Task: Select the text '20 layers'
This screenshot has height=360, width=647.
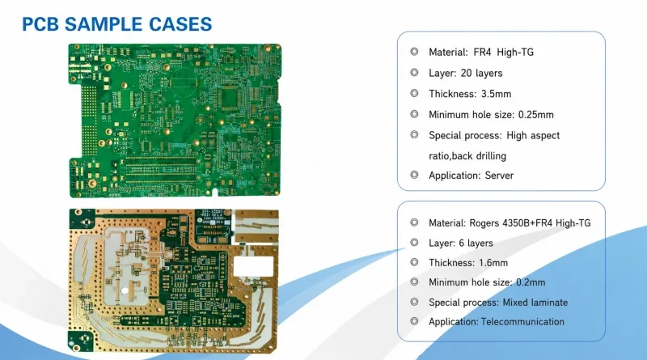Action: (481, 73)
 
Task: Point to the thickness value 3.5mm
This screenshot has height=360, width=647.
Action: (496, 94)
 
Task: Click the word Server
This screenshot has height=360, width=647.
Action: (499, 176)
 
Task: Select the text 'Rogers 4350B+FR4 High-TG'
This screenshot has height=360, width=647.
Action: (531, 223)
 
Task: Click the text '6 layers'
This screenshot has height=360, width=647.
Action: (476, 244)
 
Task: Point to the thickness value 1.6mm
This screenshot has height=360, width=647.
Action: (493, 263)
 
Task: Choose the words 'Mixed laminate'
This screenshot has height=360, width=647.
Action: (535, 303)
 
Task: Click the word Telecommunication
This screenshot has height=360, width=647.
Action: (522, 322)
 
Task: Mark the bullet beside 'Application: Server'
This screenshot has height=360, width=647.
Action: (414, 175)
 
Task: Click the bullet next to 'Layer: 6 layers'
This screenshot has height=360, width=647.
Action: (414, 243)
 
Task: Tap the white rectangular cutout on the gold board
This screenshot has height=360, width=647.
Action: (254, 266)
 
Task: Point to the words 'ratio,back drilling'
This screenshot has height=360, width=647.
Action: (467, 156)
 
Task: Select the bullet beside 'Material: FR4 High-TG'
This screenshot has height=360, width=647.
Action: (414, 51)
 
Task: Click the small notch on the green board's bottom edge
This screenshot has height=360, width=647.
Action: (214, 193)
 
